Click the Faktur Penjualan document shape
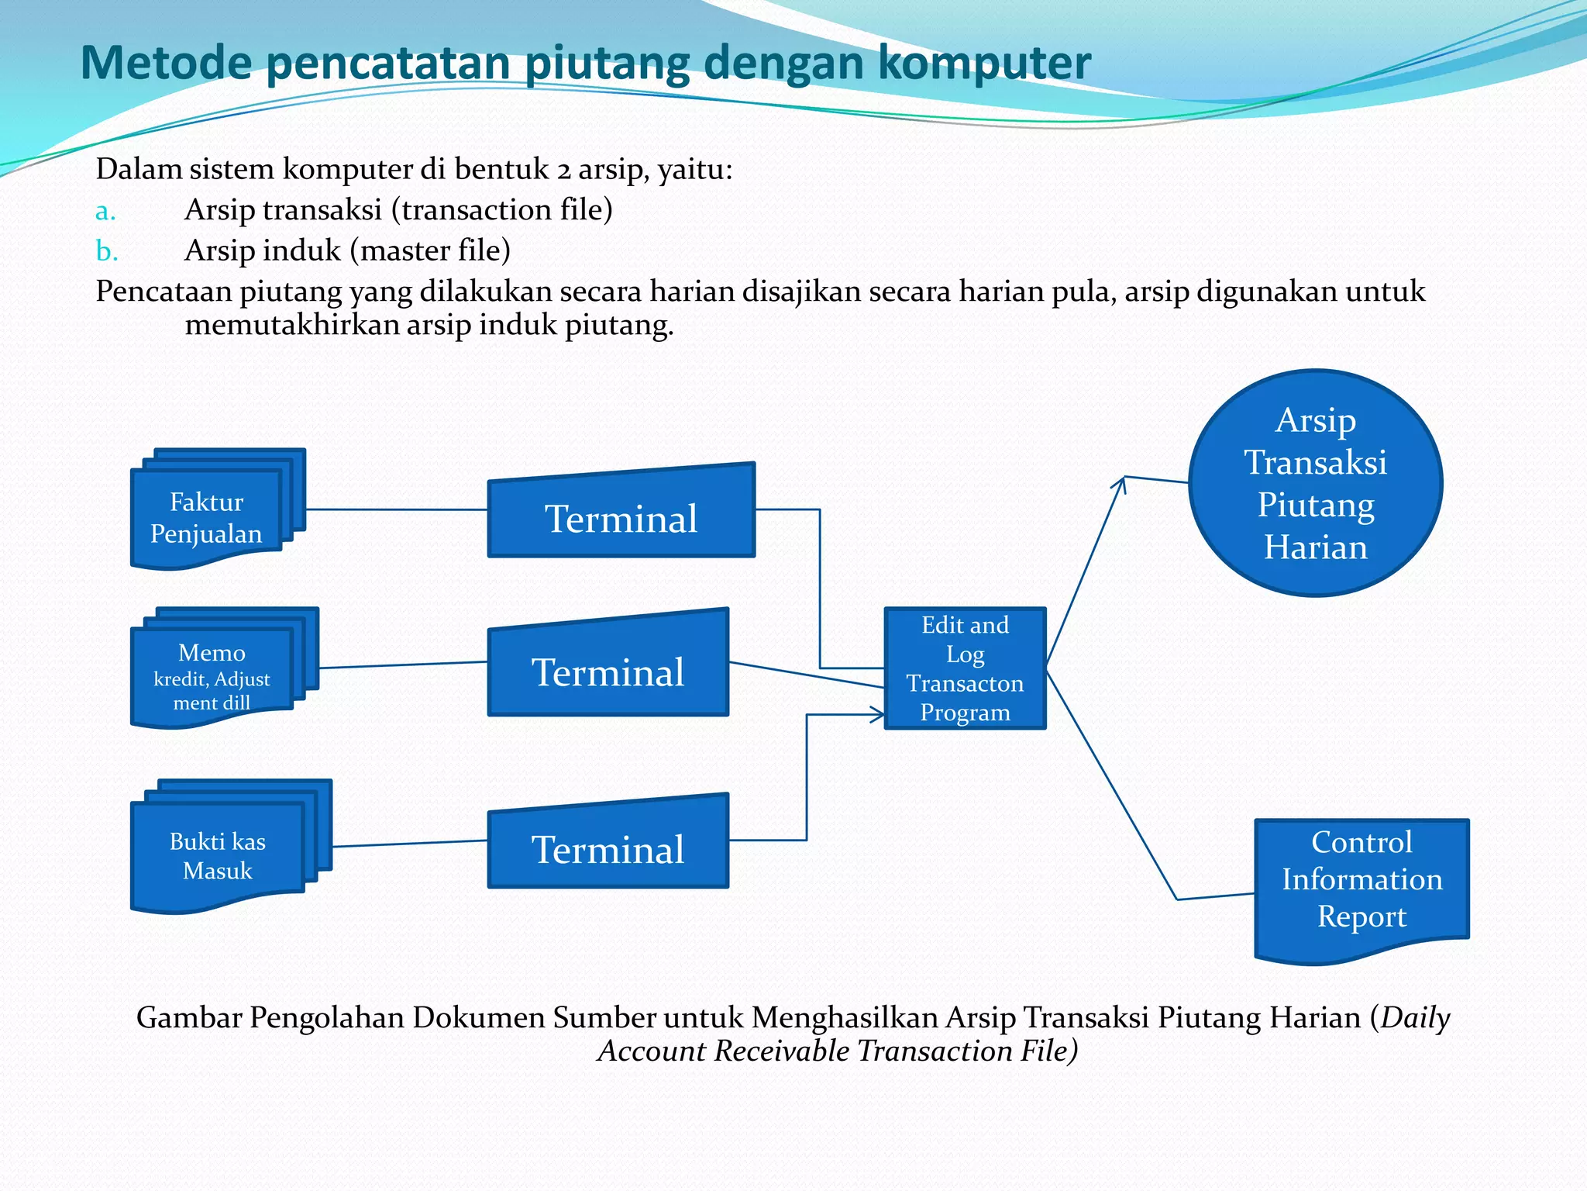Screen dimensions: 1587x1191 [218, 509]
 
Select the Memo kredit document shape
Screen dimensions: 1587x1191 [224, 668]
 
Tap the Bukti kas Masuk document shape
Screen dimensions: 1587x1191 [231, 846]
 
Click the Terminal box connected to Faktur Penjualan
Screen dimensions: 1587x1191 [621, 512]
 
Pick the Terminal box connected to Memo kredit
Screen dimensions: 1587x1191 [608, 664]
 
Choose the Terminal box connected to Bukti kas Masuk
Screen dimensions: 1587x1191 [608, 842]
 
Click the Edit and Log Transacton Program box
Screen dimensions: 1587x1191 [965, 668]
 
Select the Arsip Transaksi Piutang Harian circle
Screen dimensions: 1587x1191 [1316, 483]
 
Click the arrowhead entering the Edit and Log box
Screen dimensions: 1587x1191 [877, 715]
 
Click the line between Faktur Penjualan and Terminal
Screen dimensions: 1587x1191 [397, 509]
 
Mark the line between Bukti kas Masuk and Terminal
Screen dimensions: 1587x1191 [410, 844]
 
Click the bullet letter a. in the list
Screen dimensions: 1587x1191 [105, 211]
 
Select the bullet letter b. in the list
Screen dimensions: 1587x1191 [107, 250]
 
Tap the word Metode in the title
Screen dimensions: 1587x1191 [166, 62]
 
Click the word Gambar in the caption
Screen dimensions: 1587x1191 [189, 1017]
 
